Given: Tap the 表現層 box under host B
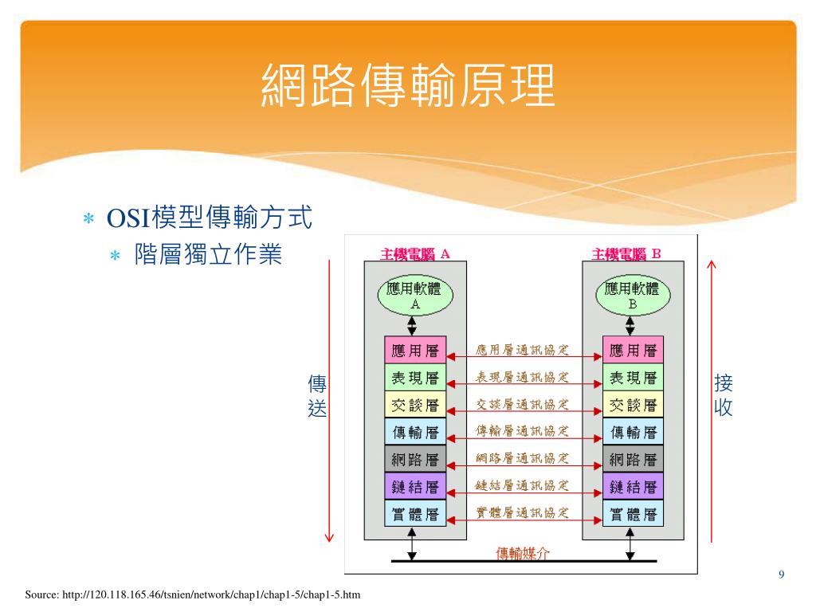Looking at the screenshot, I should click(x=634, y=378).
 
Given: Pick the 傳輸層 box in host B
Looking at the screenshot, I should click(x=634, y=433).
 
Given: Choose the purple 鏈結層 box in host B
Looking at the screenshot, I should click(x=634, y=487).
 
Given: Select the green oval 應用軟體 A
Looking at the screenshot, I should click(x=414, y=296).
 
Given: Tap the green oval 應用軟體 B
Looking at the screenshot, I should click(x=633, y=296).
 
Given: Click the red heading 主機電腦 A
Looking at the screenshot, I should click(x=415, y=254).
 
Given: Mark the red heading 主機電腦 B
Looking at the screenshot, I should click(x=626, y=254).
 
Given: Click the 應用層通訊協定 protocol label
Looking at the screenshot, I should click(x=523, y=350).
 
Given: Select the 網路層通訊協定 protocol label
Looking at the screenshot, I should click(x=523, y=458).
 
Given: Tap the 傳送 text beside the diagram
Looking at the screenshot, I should click(x=317, y=396).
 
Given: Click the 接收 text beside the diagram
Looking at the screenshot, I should click(x=724, y=396).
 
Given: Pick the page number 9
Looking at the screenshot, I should click(x=781, y=575).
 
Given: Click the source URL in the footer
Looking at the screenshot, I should click(x=193, y=594).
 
